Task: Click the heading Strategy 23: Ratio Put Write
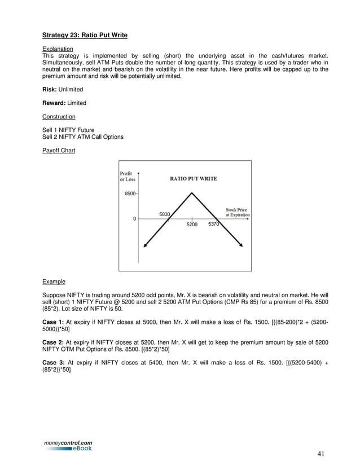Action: [85, 36]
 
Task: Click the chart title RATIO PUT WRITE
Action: [194, 179]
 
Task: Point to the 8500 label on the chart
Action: [130, 194]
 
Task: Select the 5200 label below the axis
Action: [192, 225]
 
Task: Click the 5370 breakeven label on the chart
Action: [213, 225]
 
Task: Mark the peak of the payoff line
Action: [192, 193]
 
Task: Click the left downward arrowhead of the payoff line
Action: [146, 245]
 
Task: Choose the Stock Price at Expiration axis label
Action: [237, 212]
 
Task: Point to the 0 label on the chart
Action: [134, 219]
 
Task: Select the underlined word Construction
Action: [59, 117]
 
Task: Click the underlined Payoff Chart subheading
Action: [59, 151]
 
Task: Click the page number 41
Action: [321, 453]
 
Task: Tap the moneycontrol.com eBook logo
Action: [68, 446]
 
